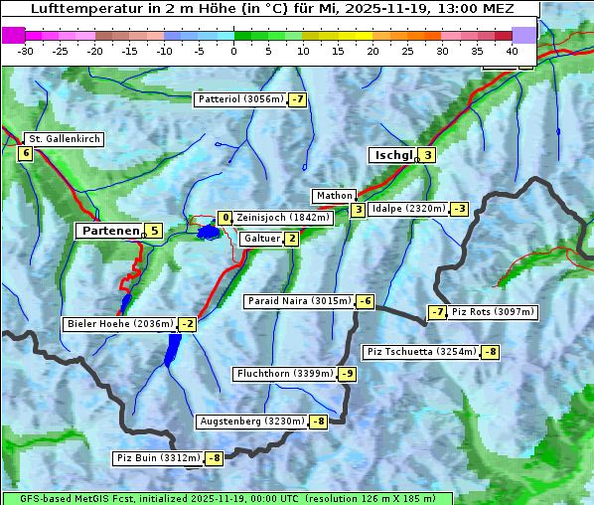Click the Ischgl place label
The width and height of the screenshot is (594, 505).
392,155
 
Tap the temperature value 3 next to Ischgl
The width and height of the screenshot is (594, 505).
427,155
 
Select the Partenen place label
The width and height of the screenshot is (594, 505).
110,231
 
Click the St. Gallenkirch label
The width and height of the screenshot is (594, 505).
64,139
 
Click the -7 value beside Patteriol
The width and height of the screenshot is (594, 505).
297,99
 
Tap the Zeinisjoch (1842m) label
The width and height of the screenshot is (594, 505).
283,218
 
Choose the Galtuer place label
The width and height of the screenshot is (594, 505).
261,239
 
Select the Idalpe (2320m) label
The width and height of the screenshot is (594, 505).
407,209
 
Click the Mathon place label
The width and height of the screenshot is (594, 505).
333,196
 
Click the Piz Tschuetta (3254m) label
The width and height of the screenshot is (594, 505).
421,352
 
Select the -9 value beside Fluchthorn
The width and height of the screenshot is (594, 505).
347,374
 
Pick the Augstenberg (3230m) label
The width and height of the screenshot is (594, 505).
252,421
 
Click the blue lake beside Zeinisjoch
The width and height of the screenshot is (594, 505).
208,233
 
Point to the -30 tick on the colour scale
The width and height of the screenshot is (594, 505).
26,51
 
